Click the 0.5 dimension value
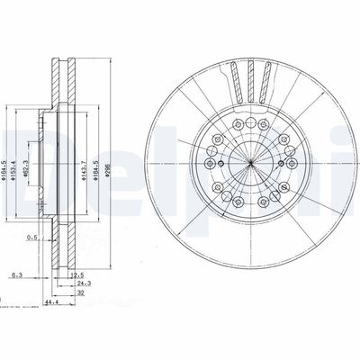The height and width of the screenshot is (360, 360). [32, 238]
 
